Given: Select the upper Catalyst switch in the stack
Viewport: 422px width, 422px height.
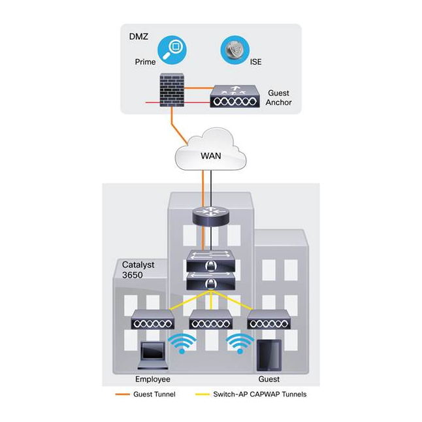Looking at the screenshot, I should point(210,261).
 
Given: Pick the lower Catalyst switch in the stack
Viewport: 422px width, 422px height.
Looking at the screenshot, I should point(210,282).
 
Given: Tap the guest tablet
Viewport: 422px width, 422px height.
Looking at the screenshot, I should point(268,355).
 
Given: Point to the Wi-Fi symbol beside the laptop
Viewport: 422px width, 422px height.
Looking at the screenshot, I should point(183,344).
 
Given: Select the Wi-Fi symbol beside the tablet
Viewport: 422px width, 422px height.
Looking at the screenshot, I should point(240,344).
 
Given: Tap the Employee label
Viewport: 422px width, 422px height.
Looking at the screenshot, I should point(153,380).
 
